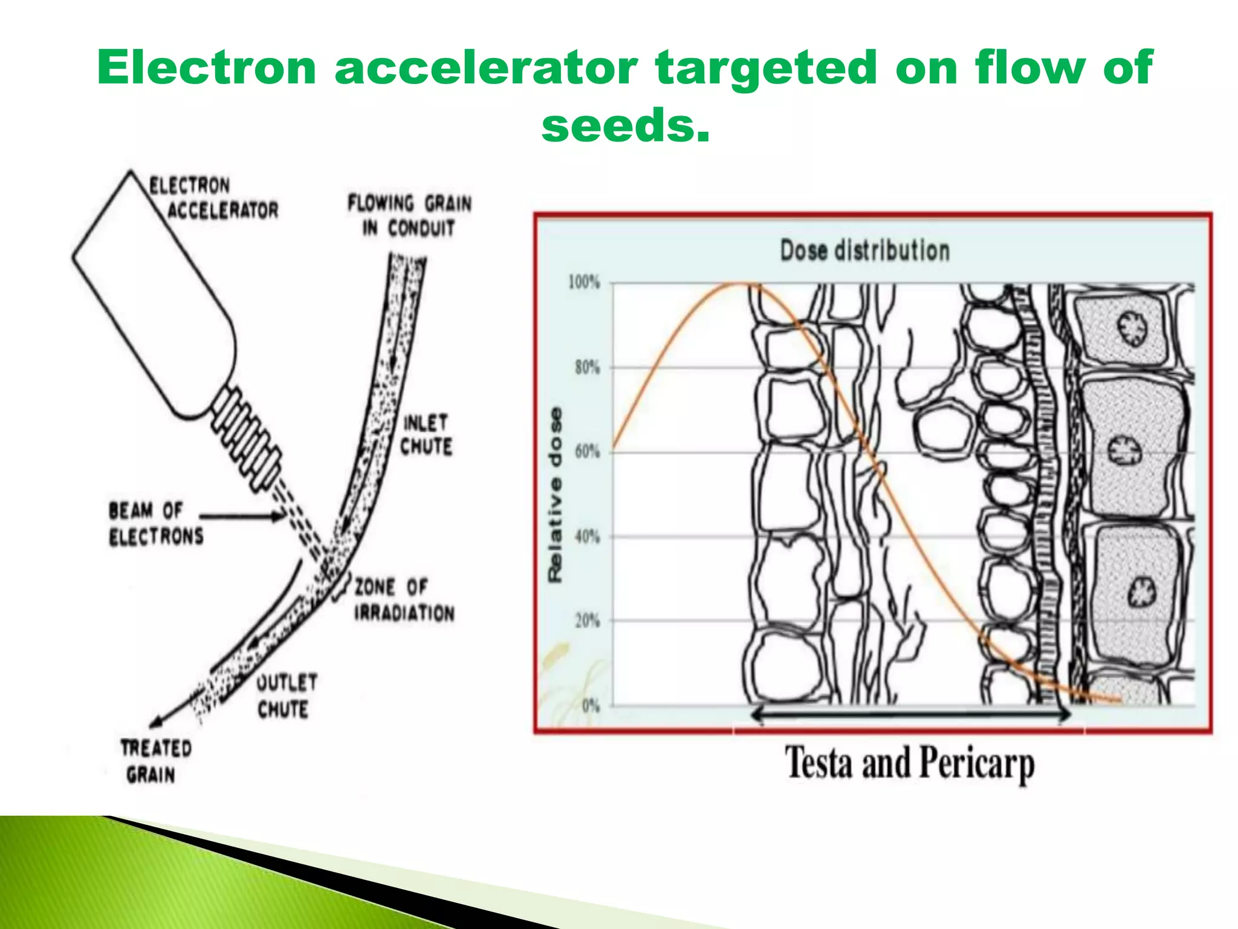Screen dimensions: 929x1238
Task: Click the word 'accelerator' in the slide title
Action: pyautogui.click(x=485, y=68)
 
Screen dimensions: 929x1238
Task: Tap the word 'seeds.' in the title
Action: pyautogui.click(x=625, y=126)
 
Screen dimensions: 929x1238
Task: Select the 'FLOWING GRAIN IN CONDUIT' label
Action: pyautogui.click(x=409, y=215)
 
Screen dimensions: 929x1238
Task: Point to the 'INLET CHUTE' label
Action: pyautogui.click(x=426, y=434)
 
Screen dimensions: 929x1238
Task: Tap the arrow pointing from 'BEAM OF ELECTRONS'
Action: pyautogui.click(x=242, y=516)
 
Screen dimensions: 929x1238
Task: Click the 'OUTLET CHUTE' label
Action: pyautogui.click(x=286, y=696)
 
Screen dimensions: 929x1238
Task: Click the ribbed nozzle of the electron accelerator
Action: pyautogui.click(x=248, y=432)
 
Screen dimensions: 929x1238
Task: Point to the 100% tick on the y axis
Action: pyautogui.click(x=584, y=282)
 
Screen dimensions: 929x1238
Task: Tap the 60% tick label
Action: pyautogui.click(x=586, y=452)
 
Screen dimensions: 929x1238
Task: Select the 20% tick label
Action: pyautogui.click(x=586, y=621)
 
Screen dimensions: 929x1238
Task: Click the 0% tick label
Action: pyautogui.click(x=590, y=706)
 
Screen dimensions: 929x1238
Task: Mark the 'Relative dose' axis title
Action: pyautogui.click(x=555, y=495)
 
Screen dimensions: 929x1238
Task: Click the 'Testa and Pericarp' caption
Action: pyautogui.click(x=909, y=763)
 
